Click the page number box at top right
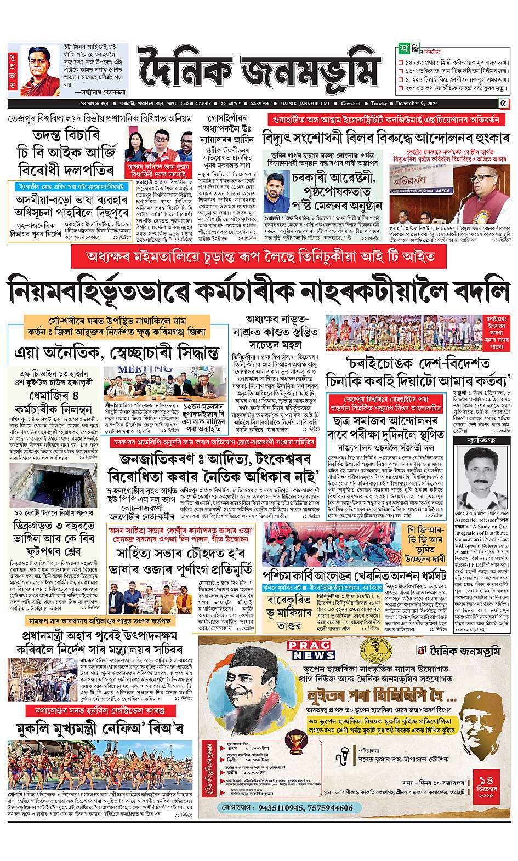click(x=503, y=104)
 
